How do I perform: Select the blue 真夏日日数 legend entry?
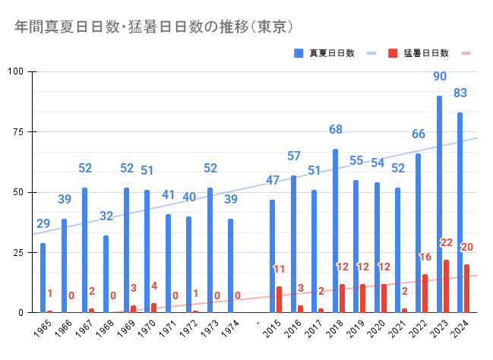pyautogui.click(x=332, y=53)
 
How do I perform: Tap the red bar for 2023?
pyautogui.click(x=447, y=286)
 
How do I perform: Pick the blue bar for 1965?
pyautogui.click(x=43, y=277)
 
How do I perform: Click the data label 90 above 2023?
pyautogui.click(x=440, y=77)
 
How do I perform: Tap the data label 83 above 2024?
pyautogui.click(x=460, y=93)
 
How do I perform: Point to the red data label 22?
pyautogui.click(x=446, y=243)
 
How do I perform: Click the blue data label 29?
pyautogui.click(x=43, y=224)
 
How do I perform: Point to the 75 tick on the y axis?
pyautogui.click(x=20, y=132)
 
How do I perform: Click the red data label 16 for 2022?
pyautogui.click(x=425, y=257)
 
